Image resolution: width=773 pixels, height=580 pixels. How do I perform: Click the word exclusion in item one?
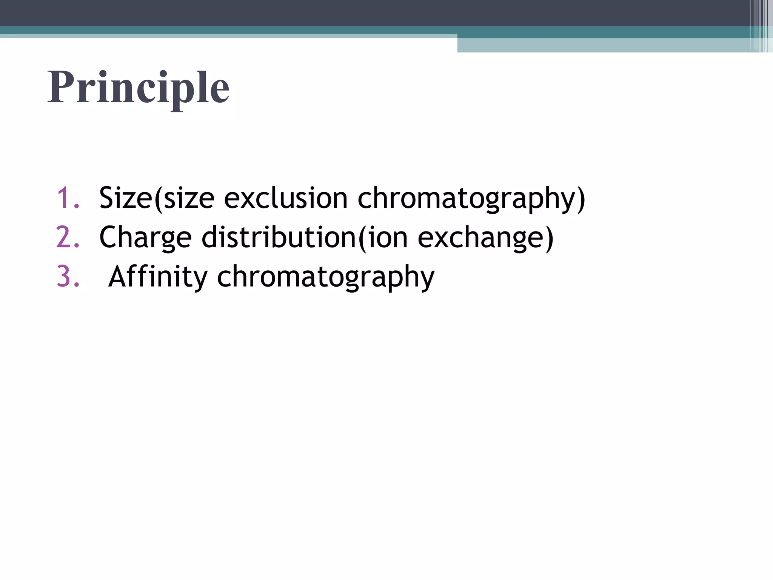[x=285, y=198]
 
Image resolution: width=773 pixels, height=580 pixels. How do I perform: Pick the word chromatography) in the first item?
[x=471, y=199]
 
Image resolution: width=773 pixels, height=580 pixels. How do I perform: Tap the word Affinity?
[x=158, y=277]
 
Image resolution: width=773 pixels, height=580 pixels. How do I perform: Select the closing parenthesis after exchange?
[x=549, y=238]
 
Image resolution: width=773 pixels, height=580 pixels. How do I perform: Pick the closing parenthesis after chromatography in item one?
[x=581, y=199]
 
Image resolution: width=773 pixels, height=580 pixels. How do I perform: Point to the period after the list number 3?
[x=77, y=285]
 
